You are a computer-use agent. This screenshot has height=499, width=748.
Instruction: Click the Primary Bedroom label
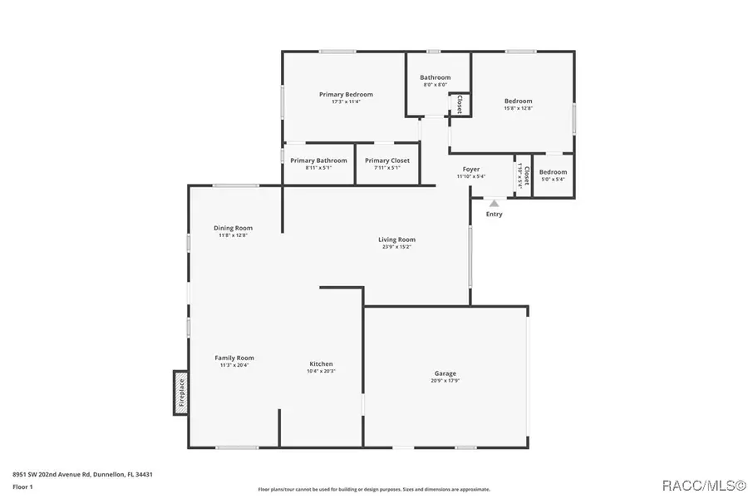tap(346, 94)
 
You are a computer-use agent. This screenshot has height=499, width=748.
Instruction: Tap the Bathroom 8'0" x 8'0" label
tap(435, 77)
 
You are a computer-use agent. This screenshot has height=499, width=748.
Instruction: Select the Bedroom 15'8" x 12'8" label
tap(518, 101)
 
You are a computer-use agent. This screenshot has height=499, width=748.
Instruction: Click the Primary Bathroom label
tap(318, 160)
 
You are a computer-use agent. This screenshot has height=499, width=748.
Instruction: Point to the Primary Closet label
tap(387, 160)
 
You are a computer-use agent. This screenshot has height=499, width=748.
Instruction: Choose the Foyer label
tap(471, 169)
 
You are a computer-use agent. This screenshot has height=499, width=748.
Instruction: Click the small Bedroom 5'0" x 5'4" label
tap(553, 172)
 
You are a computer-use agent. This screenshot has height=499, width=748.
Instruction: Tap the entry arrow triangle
tap(494, 203)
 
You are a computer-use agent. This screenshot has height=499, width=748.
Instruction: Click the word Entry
tap(494, 215)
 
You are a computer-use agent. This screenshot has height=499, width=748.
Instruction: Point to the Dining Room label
tap(233, 228)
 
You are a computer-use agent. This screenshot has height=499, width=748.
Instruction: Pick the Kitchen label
tap(321, 363)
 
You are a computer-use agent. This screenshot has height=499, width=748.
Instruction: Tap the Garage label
tap(445, 373)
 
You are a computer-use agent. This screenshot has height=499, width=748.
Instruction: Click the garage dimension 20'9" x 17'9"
tap(445, 381)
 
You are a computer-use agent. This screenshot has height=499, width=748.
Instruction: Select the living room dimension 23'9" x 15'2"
tap(398, 246)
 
